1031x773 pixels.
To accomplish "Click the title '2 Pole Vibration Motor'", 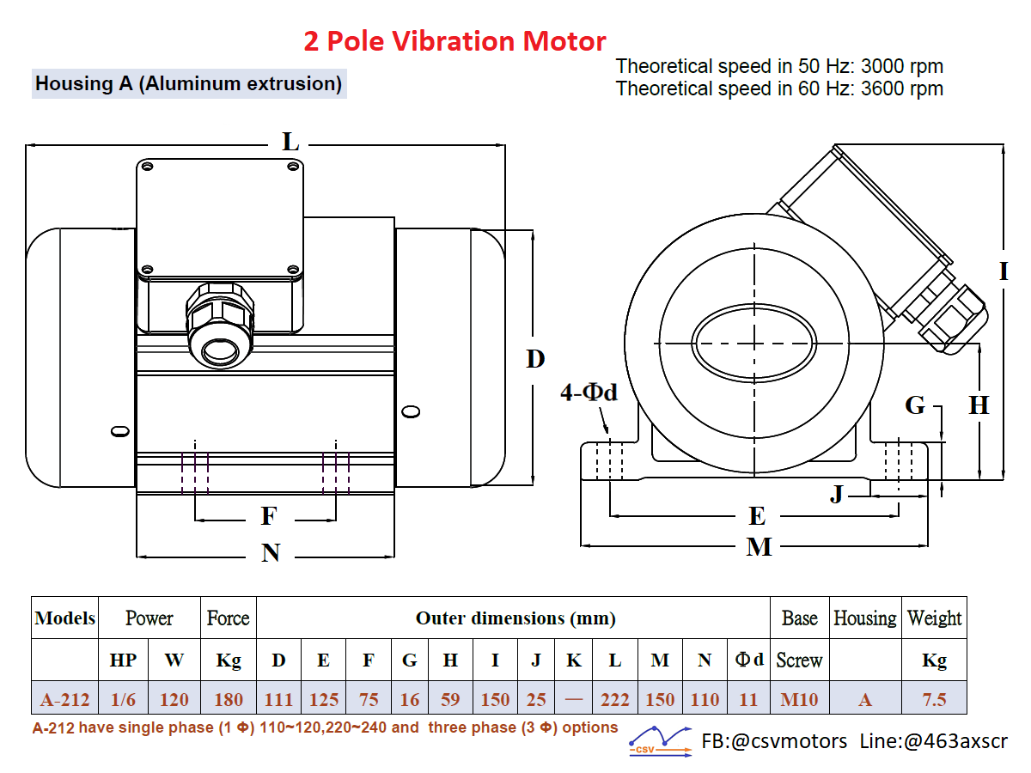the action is pyautogui.click(x=454, y=41).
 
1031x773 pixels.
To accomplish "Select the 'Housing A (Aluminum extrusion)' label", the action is pyautogui.click(x=189, y=84).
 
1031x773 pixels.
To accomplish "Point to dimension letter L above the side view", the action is pyautogui.click(x=290, y=142).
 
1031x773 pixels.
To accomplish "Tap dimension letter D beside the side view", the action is pyautogui.click(x=535, y=359).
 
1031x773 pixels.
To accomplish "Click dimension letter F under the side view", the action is pyautogui.click(x=269, y=516).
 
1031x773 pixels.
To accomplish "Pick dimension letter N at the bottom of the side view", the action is pyautogui.click(x=271, y=552).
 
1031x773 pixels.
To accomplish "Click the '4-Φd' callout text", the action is pyautogui.click(x=589, y=393).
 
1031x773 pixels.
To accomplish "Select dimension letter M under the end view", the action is pyautogui.click(x=759, y=547).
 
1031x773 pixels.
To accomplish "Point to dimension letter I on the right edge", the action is pyautogui.click(x=1004, y=271).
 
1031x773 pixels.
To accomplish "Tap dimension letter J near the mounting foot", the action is pyautogui.click(x=837, y=494).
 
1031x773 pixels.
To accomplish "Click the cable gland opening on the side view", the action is pyautogui.click(x=220, y=351).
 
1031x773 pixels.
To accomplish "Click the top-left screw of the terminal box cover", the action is pyautogui.click(x=147, y=167).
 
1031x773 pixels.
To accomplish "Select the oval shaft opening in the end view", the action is pyautogui.click(x=753, y=344).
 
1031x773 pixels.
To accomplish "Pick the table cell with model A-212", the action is pyautogui.click(x=64, y=699).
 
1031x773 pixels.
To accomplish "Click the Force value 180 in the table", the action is pyautogui.click(x=229, y=700).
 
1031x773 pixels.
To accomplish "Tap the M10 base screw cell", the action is pyautogui.click(x=799, y=700).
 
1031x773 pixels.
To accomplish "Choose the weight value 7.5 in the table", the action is pyautogui.click(x=934, y=700).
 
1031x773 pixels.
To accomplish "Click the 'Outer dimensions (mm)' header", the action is pyautogui.click(x=515, y=618).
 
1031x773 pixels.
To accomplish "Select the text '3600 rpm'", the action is pyautogui.click(x=902, y=88).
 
